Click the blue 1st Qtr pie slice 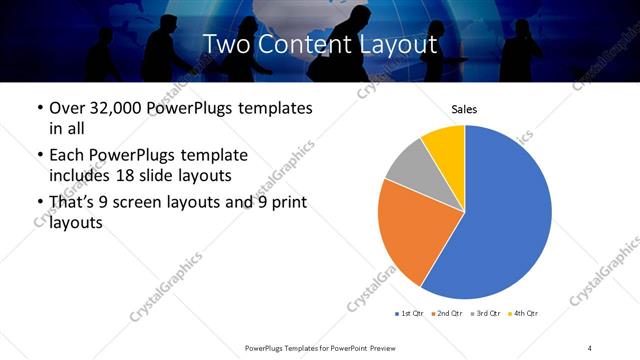(500, 220)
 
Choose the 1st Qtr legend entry (410, 314)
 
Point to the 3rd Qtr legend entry (486, 314)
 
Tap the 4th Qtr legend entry (523, 314)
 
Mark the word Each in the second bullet (68, 156)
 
